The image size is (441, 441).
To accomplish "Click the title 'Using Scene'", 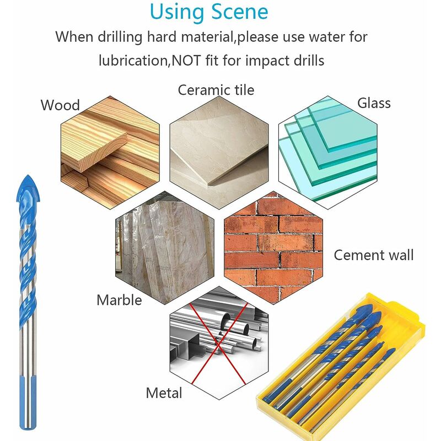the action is [x=209, y=12].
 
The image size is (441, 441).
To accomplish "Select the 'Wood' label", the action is [x=60, y=105].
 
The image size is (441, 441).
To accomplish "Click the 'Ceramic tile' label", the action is [x=216, y=90].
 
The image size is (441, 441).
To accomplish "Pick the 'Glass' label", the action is [x=374, y=103].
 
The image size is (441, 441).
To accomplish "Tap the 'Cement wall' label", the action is [x=374, y=255].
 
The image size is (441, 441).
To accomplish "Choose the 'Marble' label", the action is [x=119, y=300].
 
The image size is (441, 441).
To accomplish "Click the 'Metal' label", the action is [x=164, y=393].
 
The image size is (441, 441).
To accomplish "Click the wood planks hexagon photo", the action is [x=110, y=153].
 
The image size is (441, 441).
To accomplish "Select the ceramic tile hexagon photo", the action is [x=219, y=153].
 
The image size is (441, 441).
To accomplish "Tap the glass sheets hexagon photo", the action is [x=327, y=153].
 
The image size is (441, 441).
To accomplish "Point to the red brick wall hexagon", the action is [x=273, y=248].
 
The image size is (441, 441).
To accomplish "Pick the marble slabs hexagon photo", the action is [x=164, y=248].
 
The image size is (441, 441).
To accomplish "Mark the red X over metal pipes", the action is [x=218, y=343].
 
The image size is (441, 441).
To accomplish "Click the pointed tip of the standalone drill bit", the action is [x=28, y=175].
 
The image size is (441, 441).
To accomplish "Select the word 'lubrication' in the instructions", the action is [x=133, y=61].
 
